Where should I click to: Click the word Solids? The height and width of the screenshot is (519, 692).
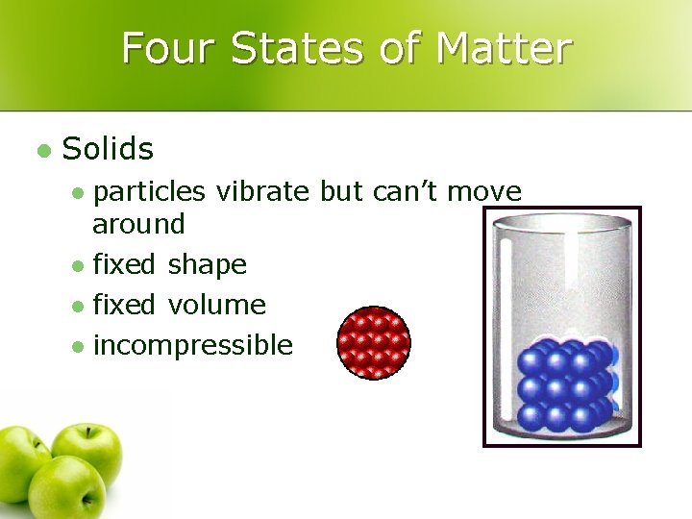click(108, 149)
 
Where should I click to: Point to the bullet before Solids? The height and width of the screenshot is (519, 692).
click(42, 150)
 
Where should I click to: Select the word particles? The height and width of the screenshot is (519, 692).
click(149, 192)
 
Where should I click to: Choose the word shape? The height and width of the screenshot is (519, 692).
click(207, 265)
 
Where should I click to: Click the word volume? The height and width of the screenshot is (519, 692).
click(216, 306)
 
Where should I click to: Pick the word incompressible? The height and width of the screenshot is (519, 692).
click(192, 345)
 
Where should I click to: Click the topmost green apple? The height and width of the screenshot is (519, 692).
click(86, 453)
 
